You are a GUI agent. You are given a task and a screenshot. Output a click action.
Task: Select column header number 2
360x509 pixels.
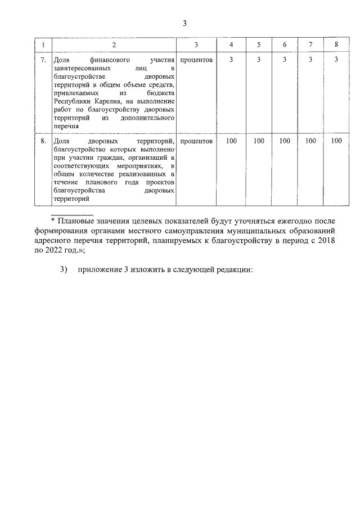pyautogui.click(x=114, y=44)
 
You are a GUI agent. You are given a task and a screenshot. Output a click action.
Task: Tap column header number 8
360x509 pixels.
pyautogui.click(x=336, y=44)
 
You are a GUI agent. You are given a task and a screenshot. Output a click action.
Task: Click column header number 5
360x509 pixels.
pyautogui.click(x=259, y=44)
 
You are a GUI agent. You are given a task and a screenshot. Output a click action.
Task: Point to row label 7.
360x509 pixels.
pyautogui.click(x=43, y=59)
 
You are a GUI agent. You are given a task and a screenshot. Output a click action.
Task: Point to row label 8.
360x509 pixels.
pyautogui.click(x=43, y=141)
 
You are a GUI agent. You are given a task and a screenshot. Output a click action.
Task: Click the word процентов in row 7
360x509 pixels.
pyautogui.click(x=196, y=59)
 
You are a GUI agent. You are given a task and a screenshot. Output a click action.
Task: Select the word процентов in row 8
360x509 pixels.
pyautogui.click(x=196, y=141)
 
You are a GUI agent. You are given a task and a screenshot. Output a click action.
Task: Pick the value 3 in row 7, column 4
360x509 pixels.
pyautogui.click(x=232, y=59)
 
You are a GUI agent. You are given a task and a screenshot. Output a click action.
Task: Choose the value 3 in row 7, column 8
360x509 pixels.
pyautogui.click(x=336, y=59)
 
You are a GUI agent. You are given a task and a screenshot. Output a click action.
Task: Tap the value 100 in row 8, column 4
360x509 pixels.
pyautogui.click(x=232, y=141)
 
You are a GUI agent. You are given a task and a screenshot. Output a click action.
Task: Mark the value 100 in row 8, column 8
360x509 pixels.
pyautogui.click(x=336, y=141)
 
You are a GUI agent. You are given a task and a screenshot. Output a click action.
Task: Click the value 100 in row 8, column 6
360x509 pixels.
pyautogui.click(x=285, y=141)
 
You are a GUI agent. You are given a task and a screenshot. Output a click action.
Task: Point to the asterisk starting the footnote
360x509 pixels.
pyautogui.click(x=53, y=220)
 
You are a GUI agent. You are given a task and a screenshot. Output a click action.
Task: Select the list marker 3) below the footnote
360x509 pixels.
pyautogui.click(x=64, y=269)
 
